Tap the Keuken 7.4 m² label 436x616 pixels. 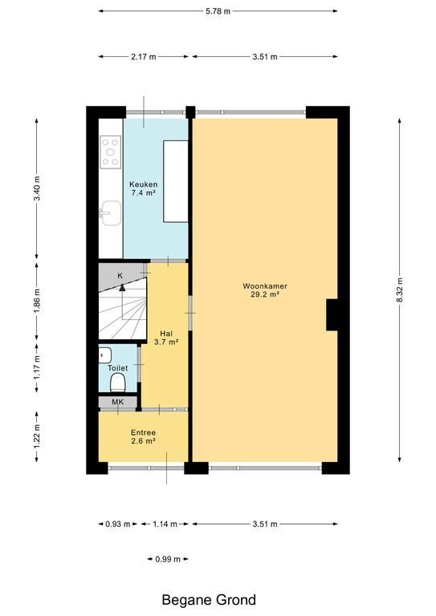(144, 188)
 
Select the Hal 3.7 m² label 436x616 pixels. (166, 338)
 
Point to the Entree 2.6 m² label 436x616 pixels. (143, 436)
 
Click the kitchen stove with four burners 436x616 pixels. (111, 152)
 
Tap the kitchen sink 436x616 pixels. (112, 213)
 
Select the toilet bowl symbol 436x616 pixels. (117, 383)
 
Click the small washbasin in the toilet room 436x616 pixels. (104, 355)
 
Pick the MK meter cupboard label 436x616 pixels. (117, 402)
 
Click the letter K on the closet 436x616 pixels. (120, 276)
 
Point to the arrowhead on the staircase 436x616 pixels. (122, 287)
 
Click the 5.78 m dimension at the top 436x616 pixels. (218, 11)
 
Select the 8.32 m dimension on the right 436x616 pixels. (399, 290)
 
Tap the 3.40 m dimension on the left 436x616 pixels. (37, 188)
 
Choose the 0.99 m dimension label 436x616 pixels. (168, 559)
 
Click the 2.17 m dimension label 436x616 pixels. (144, 57)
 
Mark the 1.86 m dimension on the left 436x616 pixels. (37, 301)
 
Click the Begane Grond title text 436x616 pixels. (209, 600)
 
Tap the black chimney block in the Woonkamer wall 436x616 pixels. (332, 314)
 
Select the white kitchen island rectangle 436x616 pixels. (176, 181)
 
